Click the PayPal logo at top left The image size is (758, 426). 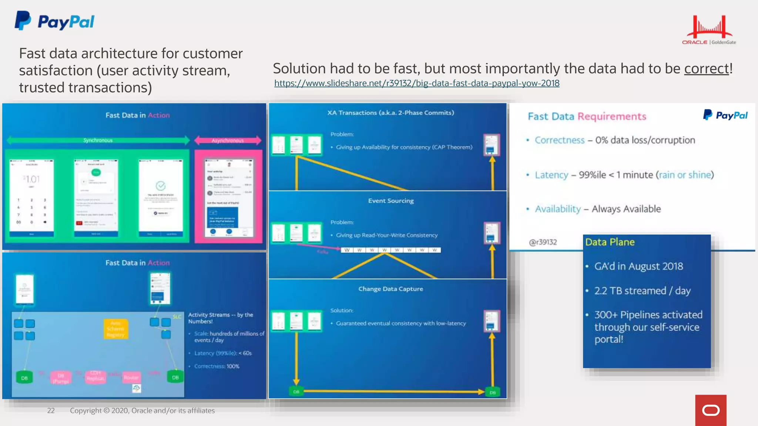tap(54, 21)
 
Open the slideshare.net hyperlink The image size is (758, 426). tap(417, 83)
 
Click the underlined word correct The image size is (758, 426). tap(706, 69)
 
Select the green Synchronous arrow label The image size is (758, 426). tap(98, 140)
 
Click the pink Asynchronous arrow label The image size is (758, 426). tap(228, 141)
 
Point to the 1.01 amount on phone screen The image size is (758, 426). tap(32, 179)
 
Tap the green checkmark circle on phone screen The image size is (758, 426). tap(160, 186)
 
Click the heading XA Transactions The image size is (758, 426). tap(390, 113)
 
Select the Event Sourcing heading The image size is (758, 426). tap(391, 201)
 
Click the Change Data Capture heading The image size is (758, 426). tap(390, 289)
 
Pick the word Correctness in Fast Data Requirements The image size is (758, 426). tap(559, 140)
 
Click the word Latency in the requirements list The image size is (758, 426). tap(551, 175)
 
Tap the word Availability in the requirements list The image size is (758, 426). tap(558, 209)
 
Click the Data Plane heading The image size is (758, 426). tap(610, 242)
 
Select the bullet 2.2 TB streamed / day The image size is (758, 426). tap(642, 291)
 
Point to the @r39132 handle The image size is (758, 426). tap(543, 242)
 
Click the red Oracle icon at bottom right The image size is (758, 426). tap(711, 410)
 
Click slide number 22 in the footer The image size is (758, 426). tap(51, 410)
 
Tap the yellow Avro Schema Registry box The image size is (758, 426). tap(115, 329)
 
